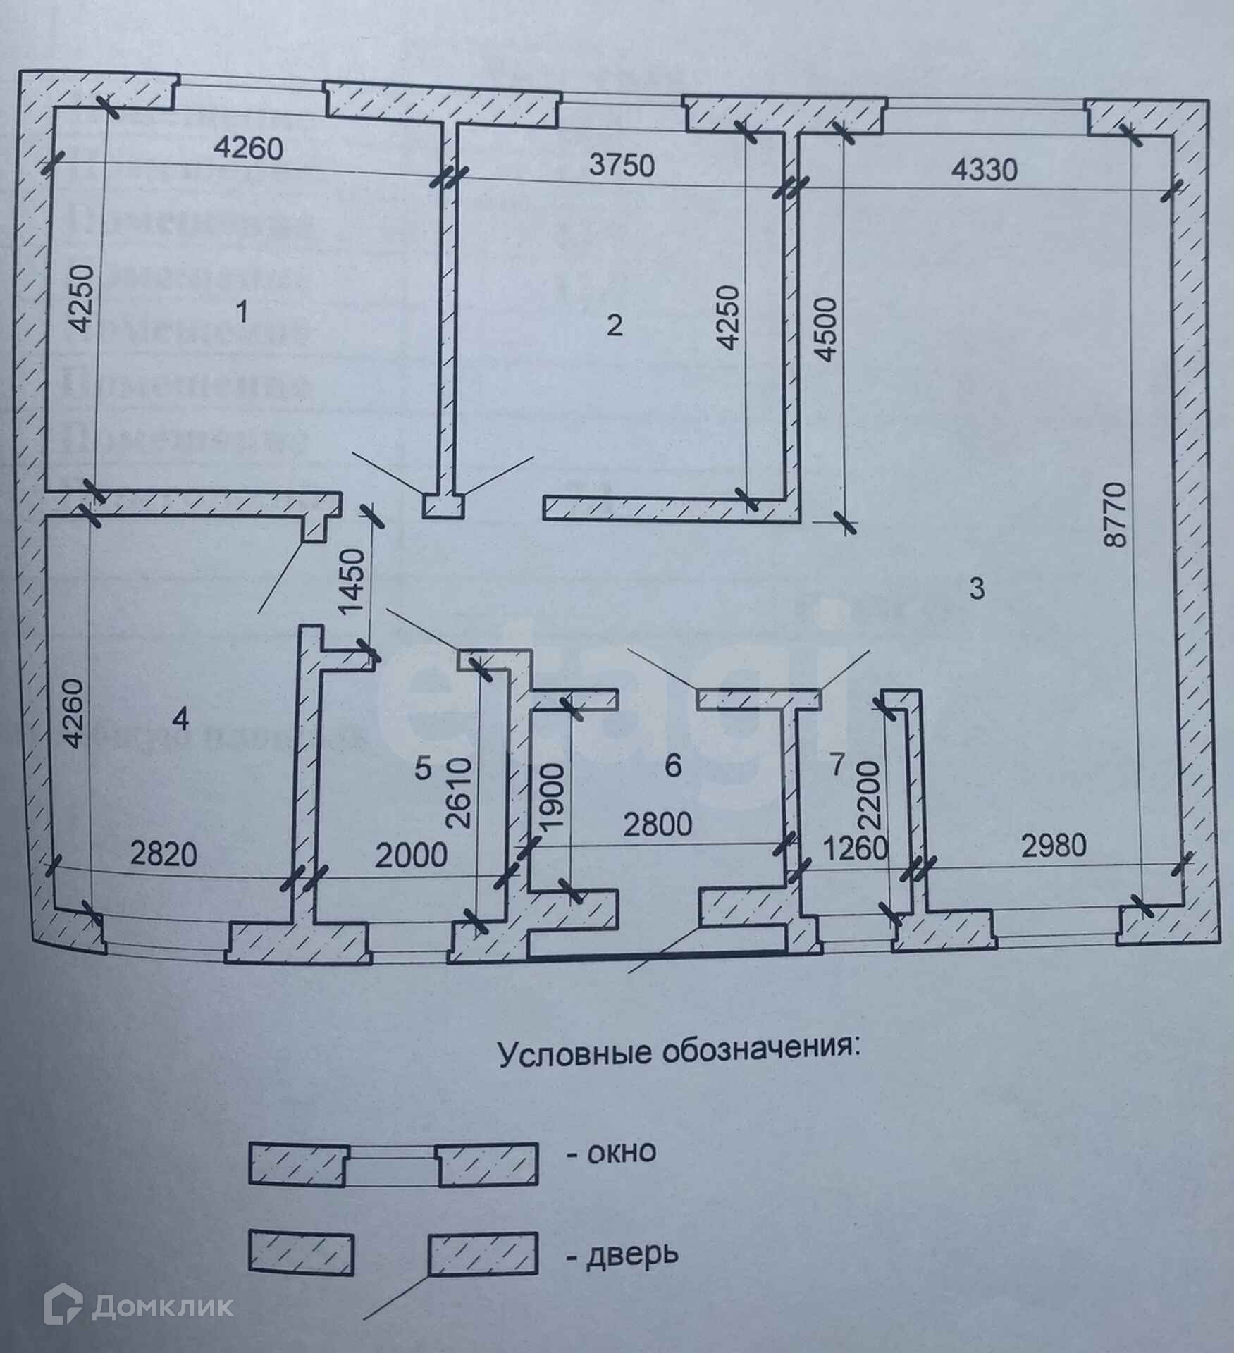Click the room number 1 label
tap(242, 311)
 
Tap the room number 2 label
tap(615, 326)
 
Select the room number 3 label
tap(977, 588)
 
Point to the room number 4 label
tap(181, 720)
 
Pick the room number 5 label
tap(422, 769)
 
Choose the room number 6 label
tap(673, 765)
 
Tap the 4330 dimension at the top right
tap(985, 171)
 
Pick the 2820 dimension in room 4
tap(163, 855)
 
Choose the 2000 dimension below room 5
tap(411, 855)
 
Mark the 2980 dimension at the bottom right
tap(1053, 845)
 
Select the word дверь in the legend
tap(631, 1254)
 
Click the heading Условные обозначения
tap(679, 1058)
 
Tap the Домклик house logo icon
tap(63, 1306)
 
